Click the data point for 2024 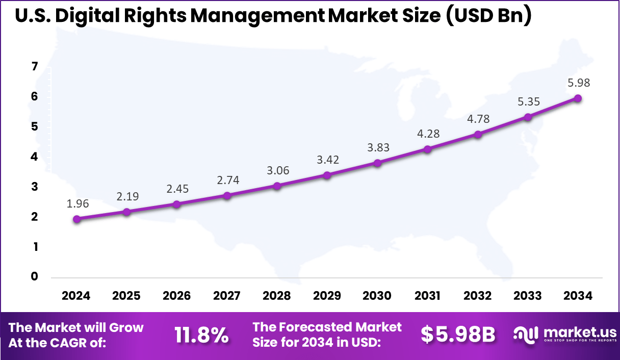(76, 219)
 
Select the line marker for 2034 (578, 98)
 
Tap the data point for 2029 (327, 175)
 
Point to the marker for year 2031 (428, 149)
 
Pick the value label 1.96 (77, 204)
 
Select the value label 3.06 (278, 170)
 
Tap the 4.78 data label (478, 119)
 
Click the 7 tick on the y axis (35, 67)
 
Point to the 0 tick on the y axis (35, 277)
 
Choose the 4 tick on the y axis (35, 157)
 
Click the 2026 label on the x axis (176, 296)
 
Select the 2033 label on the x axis (528, 296)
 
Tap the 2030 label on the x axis (377, 296)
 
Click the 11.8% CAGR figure (201, 335)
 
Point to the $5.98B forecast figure (458, 335)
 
